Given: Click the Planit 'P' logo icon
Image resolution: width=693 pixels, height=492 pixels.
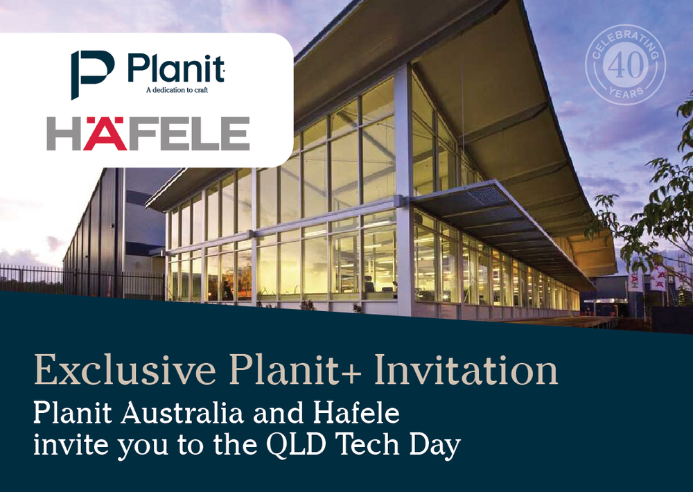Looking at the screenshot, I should [x=93, y=73].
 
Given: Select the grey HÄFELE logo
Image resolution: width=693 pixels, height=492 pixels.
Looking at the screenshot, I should [x=148, y=134].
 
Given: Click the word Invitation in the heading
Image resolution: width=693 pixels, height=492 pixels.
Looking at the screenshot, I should [x=466, y=370].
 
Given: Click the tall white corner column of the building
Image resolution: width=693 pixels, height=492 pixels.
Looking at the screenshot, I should [x=404, y=194].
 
